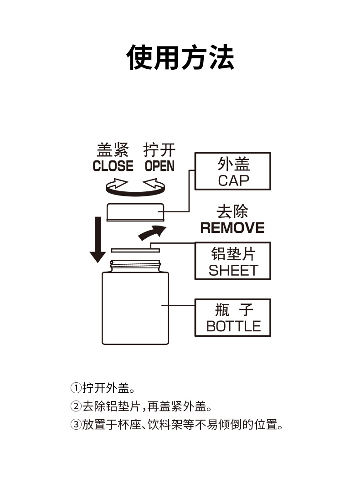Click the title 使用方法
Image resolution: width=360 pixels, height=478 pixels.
point(180,57)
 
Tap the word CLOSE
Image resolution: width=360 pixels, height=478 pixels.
point(113,166)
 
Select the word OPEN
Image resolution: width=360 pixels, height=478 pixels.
point(159,166)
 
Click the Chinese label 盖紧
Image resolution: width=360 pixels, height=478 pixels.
point(113,150)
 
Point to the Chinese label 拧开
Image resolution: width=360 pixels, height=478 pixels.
point(159,150)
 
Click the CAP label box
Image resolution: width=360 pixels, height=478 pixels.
point(233,171)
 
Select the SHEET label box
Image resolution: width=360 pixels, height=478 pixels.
point(233,261)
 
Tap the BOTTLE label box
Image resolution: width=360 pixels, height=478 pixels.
point(233,318)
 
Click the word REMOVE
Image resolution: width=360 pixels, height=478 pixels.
point(232,228)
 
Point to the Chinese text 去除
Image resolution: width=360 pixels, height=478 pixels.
point(232,212)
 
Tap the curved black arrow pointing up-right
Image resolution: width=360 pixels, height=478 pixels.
point(152,232)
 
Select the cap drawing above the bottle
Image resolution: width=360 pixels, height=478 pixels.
point(135,212)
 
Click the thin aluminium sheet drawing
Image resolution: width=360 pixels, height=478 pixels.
point(135,250)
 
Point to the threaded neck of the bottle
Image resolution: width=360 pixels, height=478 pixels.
point(135,265)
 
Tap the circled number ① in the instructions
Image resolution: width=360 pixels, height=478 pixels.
point(76,388)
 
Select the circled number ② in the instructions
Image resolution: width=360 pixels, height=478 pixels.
point(76,406)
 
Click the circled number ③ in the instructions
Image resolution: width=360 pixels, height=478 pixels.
point(76,424)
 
